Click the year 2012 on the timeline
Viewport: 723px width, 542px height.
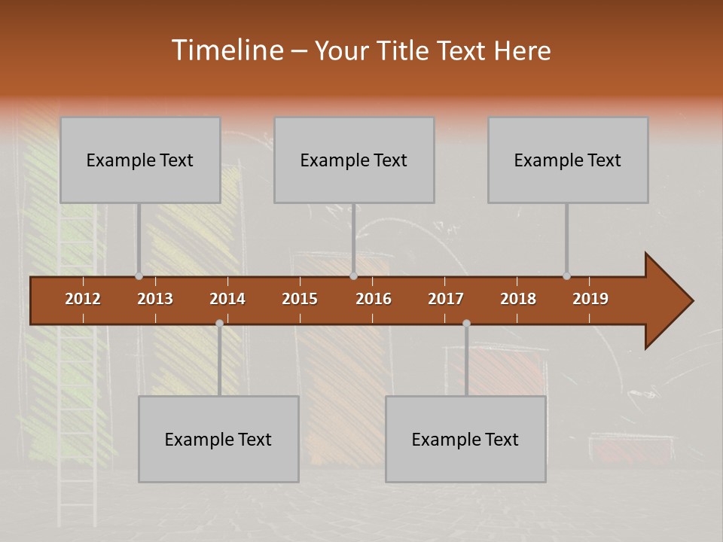[x=83, y=299]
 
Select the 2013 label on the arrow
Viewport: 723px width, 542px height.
[x=155, y=299]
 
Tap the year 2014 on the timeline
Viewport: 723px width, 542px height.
[x=227, y=299]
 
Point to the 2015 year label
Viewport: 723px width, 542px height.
[x=300, y=299]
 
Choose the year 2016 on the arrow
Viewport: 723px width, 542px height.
[x=374, y=299]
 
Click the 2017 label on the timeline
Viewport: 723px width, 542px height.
[x=446, y=299]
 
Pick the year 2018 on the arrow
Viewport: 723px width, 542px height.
[x=518, y=299]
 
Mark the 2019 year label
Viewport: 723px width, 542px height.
[x=590, y=299]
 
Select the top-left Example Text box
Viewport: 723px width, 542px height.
[x=140, y=160]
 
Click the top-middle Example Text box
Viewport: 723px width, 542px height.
[x=354, y=160]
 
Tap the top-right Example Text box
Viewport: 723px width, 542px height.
[x=568, y=160]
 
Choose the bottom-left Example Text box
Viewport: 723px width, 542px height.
[x=218, y=439]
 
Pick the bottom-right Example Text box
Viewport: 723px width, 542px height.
[x=465, y=439]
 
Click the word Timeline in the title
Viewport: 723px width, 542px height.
[x=225, y=50]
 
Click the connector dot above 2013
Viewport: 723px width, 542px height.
[x=139, y=276]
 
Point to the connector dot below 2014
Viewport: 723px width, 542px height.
[x=219, y=323]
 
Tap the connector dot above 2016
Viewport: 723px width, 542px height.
[x=353, y=276]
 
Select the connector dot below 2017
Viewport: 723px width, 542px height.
[x=466, y=323]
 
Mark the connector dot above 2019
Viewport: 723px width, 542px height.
[x=566, y=276]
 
